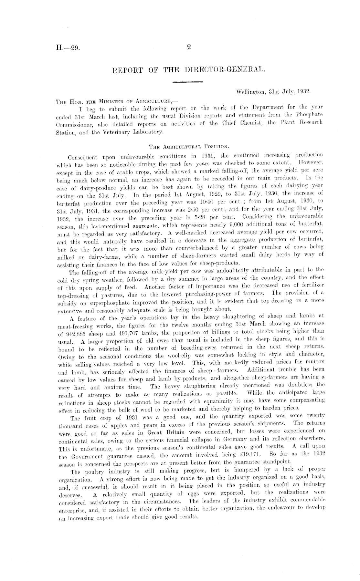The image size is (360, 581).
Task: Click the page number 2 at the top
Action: [189, 47]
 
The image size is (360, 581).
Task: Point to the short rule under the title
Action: [187, 82]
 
